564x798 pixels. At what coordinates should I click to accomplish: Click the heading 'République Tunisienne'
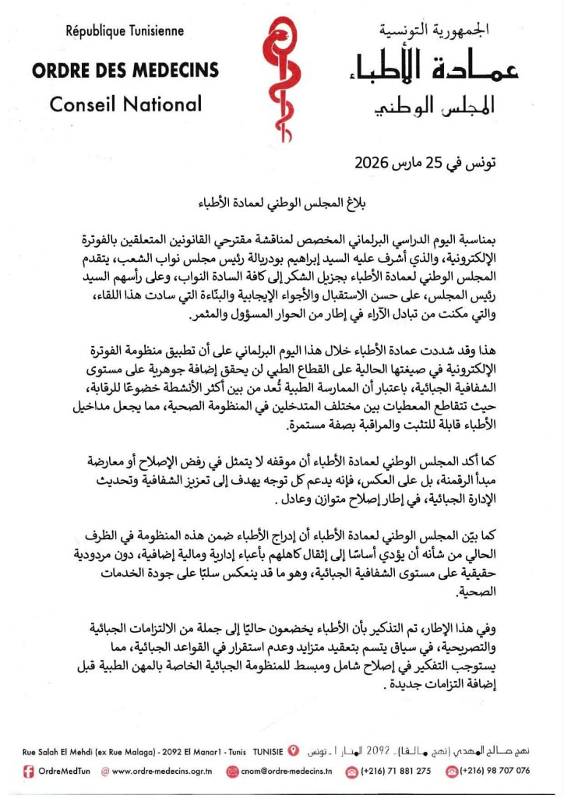[125, 32]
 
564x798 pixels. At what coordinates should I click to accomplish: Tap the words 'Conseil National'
[125, 104]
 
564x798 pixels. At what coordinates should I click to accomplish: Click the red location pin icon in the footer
[293, 751]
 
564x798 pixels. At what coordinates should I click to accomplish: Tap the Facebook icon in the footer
[28, 772]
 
